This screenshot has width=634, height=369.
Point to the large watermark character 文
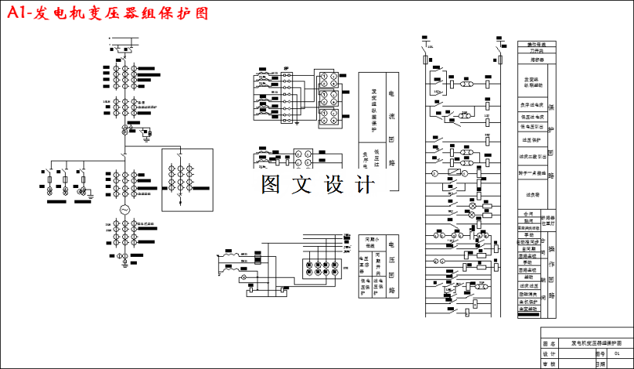click(297, 184)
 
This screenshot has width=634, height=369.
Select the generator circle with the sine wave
click(123, 210)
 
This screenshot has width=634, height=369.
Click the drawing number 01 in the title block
click(616, 353)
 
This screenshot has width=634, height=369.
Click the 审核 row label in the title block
click(549, 362)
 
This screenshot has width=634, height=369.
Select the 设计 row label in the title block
click(549, 353)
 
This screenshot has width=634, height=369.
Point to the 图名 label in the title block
click(549, 343)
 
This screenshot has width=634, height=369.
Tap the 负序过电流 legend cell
click(532, 104)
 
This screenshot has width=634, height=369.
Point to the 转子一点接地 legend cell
click(532, 173)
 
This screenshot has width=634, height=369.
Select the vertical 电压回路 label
click(392, 266)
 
